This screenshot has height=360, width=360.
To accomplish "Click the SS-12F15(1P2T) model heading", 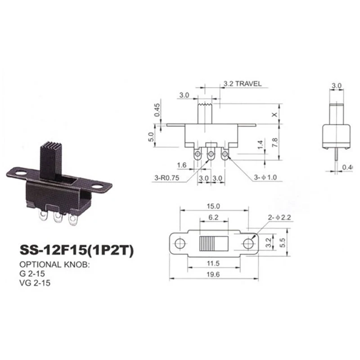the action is pyautogui.click(x=76, y=250).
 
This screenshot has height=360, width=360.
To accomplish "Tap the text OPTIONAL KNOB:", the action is pyautogui.click(x=54, y=265).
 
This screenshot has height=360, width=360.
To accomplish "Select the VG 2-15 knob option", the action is pyautogui.click(x=35, y=283).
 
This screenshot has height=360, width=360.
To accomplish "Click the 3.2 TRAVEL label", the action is pyautogui.click(x=243, y=84).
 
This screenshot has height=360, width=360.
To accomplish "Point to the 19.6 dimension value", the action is pyautogui.click(x=213, y=274).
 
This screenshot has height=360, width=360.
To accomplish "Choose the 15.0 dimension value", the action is pyautogui.click(x=213, y=206).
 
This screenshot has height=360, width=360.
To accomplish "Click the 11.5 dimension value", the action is pyautogui.click(x=213, y=263).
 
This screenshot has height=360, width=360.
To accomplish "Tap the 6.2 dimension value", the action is pyautogui.click(x=213, y=217).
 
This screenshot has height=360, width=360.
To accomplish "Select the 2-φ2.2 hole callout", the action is pyautogui.click(x=279, y=217).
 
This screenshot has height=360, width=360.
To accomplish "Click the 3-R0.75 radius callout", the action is pyautogui.click(x=166, y=178).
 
